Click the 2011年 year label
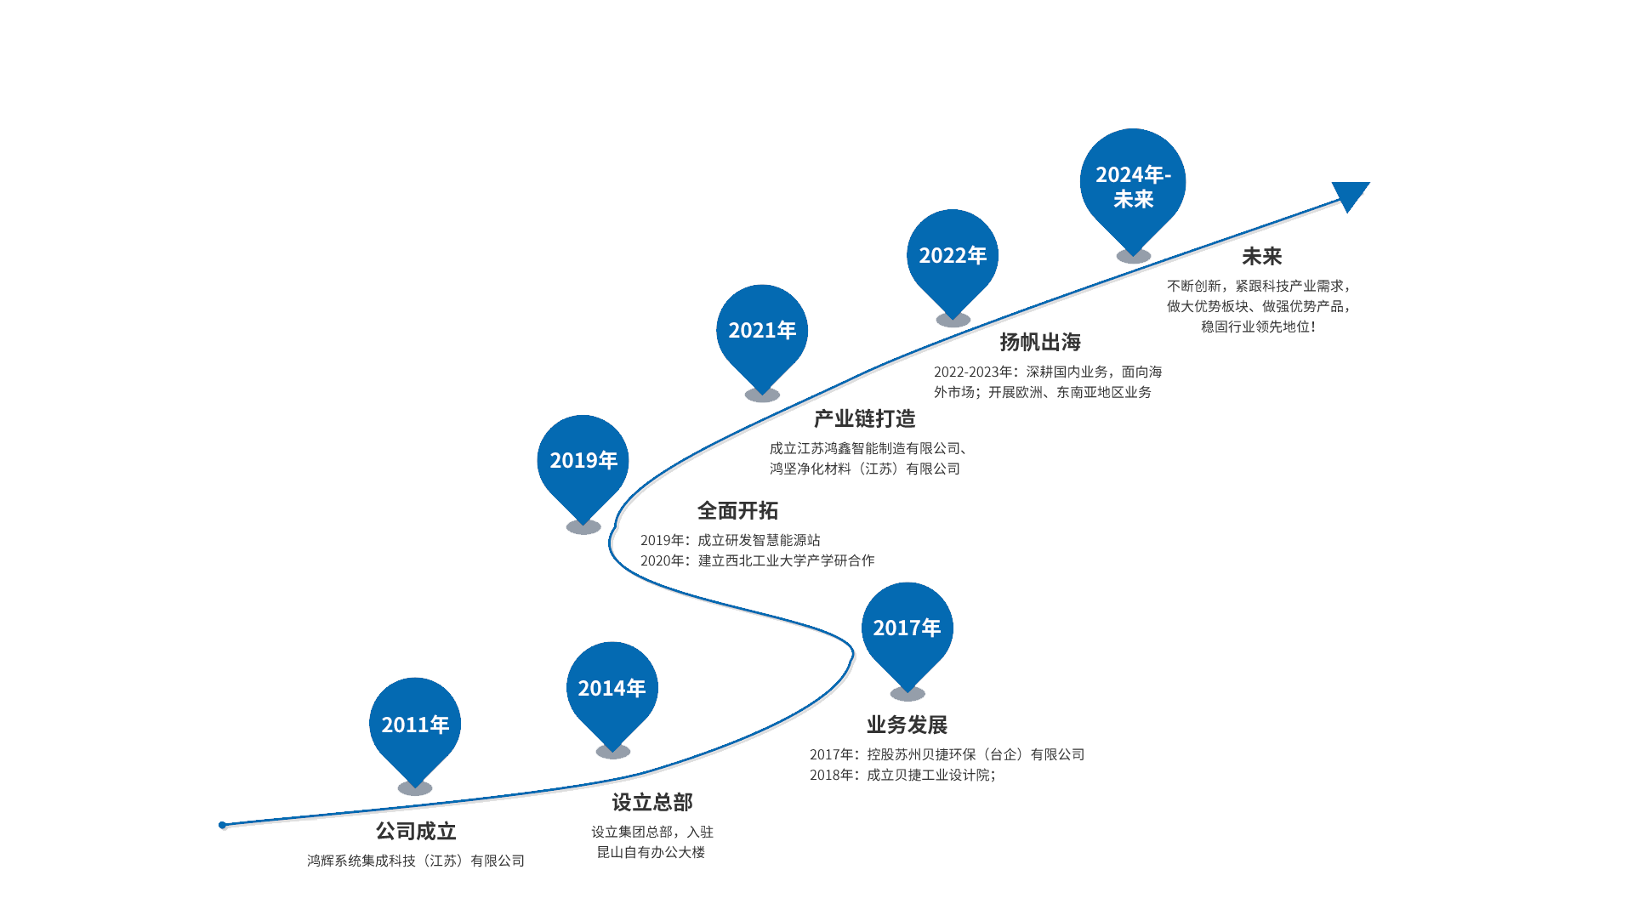point(415,725)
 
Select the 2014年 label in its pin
point(612,688)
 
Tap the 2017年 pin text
point(907,628)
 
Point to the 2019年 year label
point(583,460)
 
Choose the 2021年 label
point(762,330)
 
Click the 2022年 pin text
point(953,255)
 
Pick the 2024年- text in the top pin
point(1133,174)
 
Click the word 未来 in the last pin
point(1133,199)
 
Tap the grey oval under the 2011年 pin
point(415,788)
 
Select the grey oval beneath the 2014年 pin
point(612,752)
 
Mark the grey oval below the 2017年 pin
point(908,694)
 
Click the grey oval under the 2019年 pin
point(583,527)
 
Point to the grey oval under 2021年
point(762,395)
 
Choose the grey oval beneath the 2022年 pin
point(953,320)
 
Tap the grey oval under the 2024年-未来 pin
point(1133,256)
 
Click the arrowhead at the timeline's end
point(1350,196)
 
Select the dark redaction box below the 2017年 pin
point(945,748)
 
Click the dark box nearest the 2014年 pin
point(652,825)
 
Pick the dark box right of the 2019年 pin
point(761,533)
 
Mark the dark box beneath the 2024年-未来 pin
point(1258,289)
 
